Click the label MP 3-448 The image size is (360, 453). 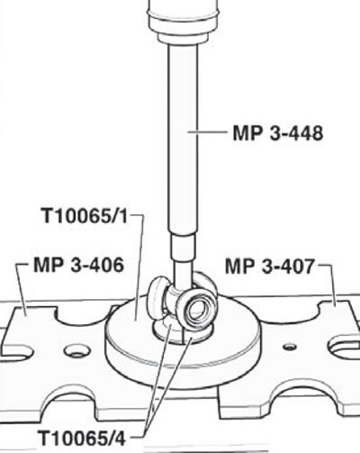pos(278,132)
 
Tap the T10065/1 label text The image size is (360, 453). pos(85,215)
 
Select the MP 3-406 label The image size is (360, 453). pos(78,265)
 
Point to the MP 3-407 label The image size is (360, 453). pos(269,266)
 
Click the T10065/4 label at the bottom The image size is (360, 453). pos(82,438)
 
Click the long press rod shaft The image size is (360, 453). pos(183,138)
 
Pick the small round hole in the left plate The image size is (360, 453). pos(77,351)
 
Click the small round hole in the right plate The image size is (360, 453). pos(290,347)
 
